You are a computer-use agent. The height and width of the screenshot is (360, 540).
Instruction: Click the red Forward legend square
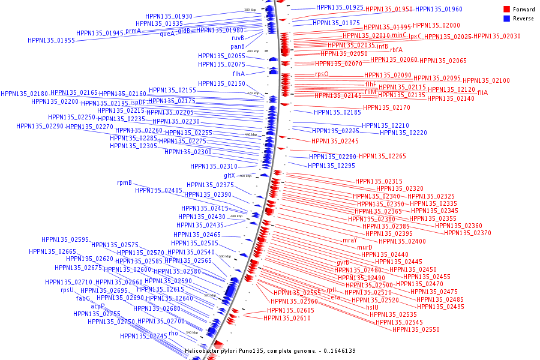tap(506, 10)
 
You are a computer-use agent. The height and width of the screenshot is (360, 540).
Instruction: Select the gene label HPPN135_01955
tap(51, 41)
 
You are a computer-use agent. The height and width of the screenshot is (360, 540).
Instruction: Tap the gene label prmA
tap(133, 31)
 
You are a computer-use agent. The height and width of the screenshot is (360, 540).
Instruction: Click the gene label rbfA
tap(396, 50)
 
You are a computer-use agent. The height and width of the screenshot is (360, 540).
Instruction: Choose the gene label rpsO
tap(322, 74)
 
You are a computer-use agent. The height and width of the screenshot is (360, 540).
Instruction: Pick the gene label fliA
tap(482, 92)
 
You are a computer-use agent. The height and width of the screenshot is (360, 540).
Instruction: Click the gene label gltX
tap(230, 175)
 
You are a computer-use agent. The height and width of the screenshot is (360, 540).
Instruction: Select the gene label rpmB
tap(124, 182)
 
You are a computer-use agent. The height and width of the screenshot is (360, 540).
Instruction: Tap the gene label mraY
tap(350, 240)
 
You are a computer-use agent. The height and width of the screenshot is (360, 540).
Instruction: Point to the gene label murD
tap(365, 247)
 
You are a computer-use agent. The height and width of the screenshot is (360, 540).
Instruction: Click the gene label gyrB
tap(343, 262)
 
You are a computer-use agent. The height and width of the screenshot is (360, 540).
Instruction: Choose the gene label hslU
tap(373, 307)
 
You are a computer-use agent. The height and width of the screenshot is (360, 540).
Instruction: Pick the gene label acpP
tap(98, 306)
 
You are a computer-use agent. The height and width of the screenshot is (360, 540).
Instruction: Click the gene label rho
tap(173, 332)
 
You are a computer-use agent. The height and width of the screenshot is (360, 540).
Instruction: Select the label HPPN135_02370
tap(467, 233)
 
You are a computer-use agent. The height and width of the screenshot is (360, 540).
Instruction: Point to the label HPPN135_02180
tap(24, 94)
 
